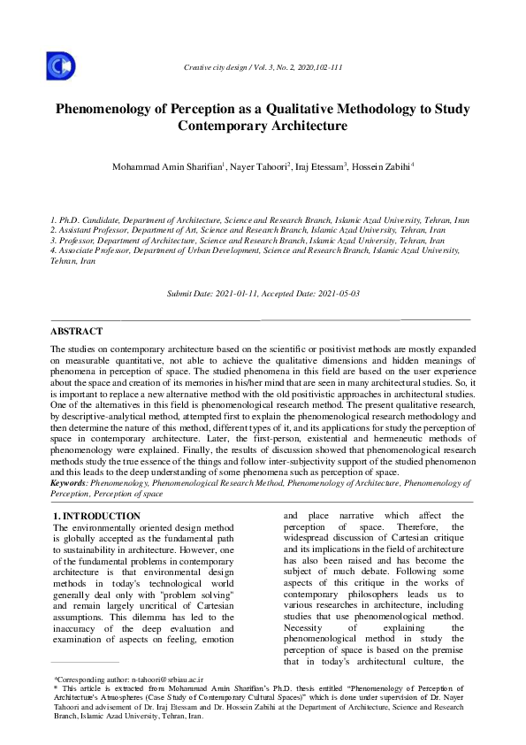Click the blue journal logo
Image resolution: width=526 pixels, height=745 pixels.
pyautogui.click(x=60, y=66)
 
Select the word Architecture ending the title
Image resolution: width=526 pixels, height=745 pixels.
pyautogui.click(x=303, y=127)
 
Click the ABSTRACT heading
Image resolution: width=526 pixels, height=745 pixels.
pyautogui.click(x=76, y=331)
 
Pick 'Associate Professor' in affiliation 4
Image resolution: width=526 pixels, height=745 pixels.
pyautogui.click(x=102, y=251)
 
